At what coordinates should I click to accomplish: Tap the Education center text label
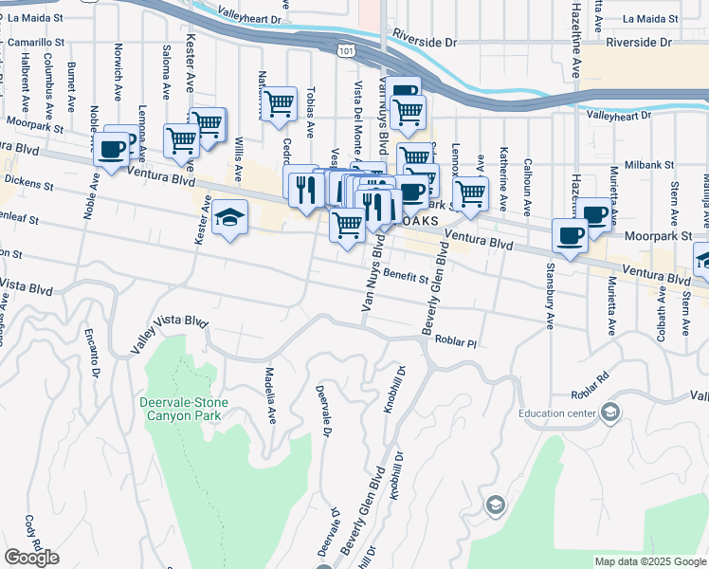point(556,413)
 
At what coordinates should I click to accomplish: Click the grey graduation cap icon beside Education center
point(611,412)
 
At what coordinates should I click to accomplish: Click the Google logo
point(31,558)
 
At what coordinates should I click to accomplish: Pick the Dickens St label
point(27,178)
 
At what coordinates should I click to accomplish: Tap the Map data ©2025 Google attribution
point(649,561)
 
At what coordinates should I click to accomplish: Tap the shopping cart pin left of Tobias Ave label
point(279,103)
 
